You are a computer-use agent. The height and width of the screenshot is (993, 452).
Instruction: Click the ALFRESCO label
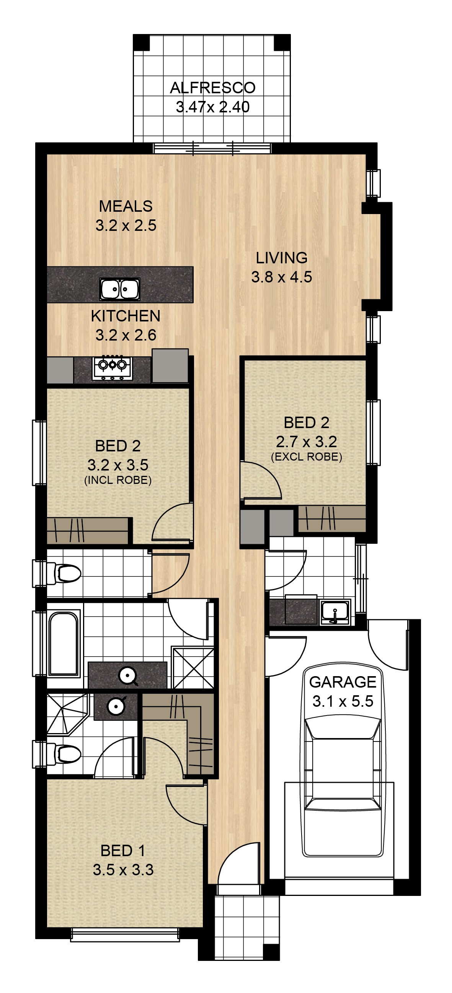point(213,88)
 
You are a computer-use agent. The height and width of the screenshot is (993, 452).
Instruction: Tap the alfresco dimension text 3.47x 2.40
point(213,107)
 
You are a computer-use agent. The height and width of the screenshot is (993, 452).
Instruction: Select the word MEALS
point(126,206)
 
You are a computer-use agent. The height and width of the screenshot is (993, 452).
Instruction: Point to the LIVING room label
point(282,258)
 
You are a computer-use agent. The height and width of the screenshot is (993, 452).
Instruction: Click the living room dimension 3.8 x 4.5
point(282,277)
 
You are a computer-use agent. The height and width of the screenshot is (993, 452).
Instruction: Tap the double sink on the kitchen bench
point(120,288)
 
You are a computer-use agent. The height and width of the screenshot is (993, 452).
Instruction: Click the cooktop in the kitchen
point(112,368)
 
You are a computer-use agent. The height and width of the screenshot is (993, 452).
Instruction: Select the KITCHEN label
point(126,316)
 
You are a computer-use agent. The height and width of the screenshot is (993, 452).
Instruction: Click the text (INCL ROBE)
point(118,480)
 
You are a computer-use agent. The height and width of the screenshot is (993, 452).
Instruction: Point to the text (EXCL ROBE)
point(307,457)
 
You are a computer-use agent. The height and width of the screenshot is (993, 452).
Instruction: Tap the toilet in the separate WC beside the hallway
point(64,573)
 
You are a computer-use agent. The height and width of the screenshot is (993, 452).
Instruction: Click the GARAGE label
point(343,682)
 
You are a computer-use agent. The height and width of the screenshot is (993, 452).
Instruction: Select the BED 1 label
point(123,851)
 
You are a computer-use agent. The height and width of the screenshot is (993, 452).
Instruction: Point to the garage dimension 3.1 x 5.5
point(343,701)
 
